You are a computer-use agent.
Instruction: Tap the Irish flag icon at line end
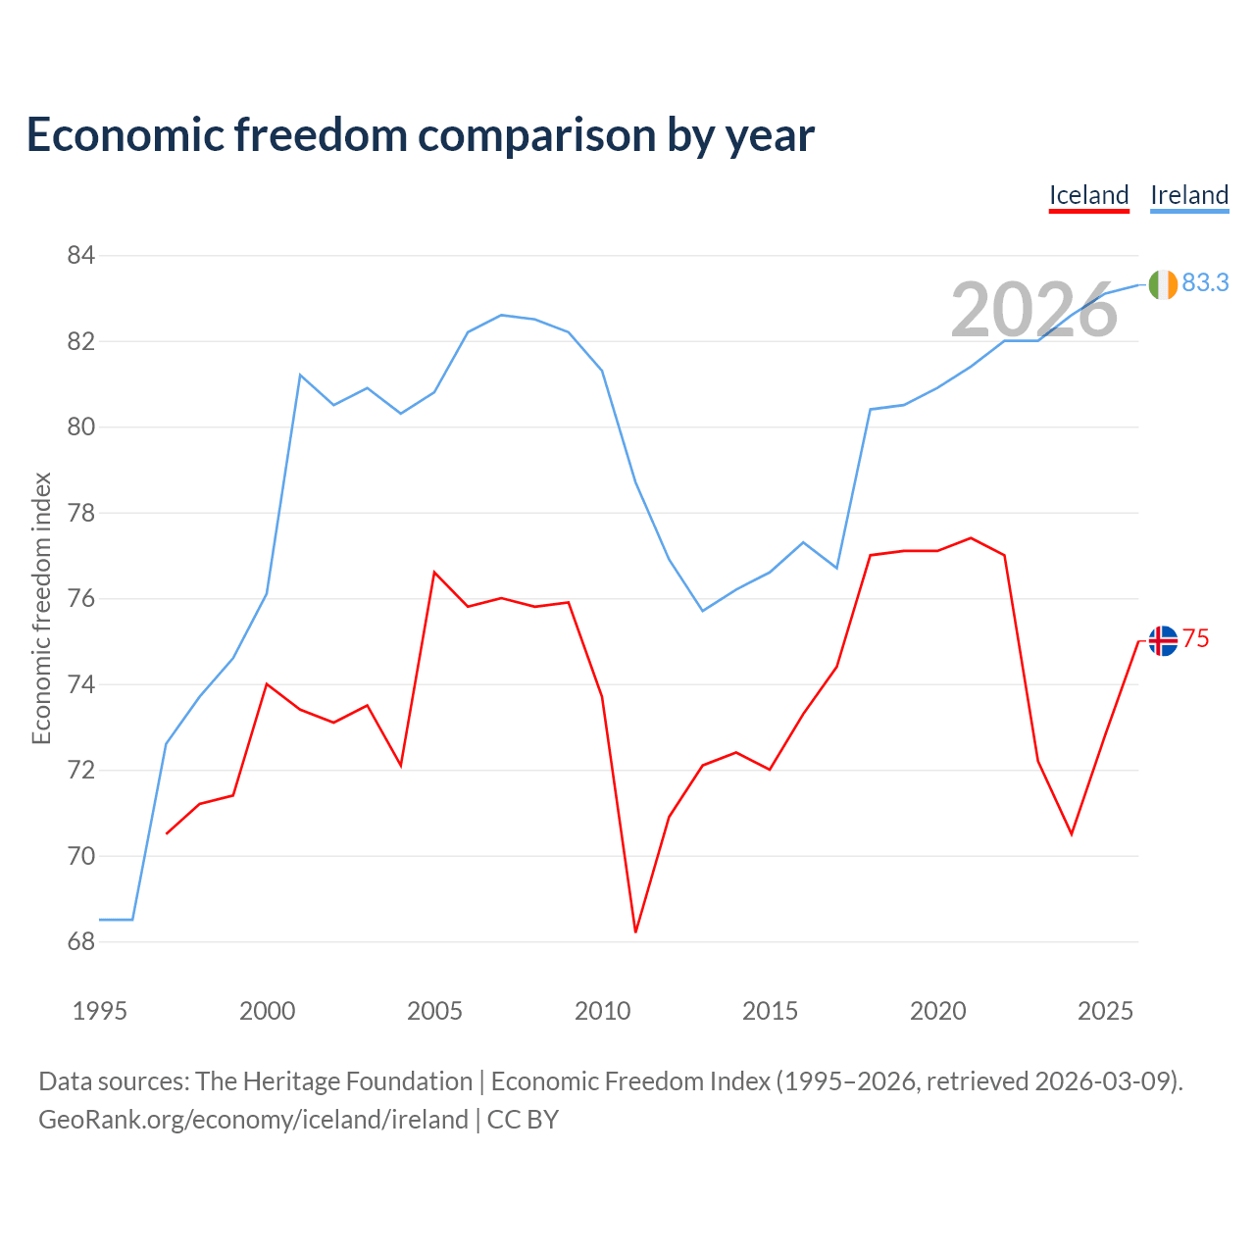(x=1163, y=284)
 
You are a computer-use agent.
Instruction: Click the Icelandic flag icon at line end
(x=1163, y=641)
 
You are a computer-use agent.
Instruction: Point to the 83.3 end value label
(x=1205, y=282)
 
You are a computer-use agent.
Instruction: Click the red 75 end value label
(x=1195, y=639)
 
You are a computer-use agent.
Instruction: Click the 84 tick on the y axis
(x=80, y=255)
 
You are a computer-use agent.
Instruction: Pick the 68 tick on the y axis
(x=80, y=941)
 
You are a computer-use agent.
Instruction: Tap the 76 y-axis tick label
(x=80, y=598)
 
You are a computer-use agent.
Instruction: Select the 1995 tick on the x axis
(x=100, y=1012)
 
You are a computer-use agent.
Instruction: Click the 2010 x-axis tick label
(x=602, y=1012)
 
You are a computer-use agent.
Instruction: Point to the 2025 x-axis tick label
(x=1105, y=1012)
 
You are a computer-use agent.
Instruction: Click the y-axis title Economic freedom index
(x=41, y=608)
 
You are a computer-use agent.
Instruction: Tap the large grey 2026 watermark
(x=1034, y=310)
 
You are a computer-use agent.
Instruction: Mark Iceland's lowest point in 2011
(x=635, y=932)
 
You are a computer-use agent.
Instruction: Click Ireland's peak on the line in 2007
(x=501, y=315)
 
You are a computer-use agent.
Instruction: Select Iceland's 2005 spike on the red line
(x=434, y=573)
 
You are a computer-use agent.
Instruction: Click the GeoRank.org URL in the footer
(x=253, y=1120)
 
